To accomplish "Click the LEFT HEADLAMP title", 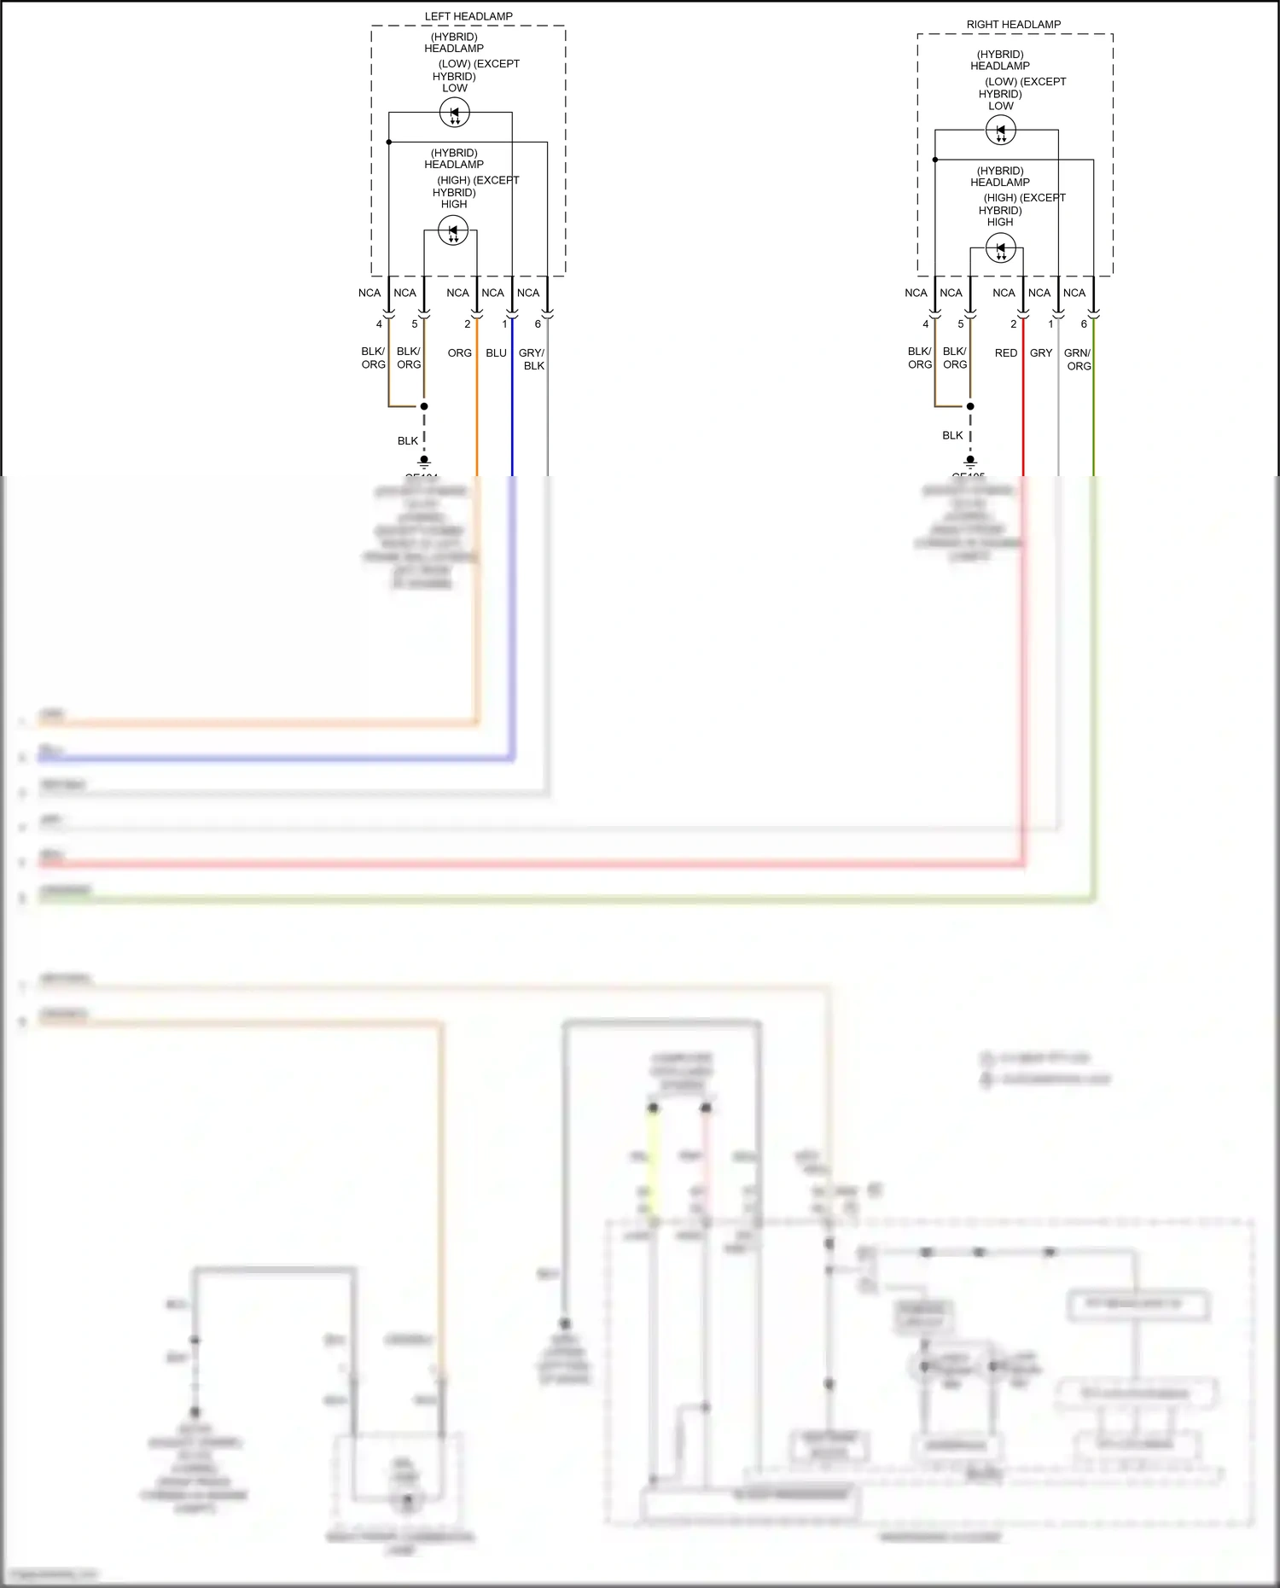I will pos(468,16).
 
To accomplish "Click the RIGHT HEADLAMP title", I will pos(1013,25).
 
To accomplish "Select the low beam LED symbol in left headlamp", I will pos(454,113).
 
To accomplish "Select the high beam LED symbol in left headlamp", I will pos(453,230).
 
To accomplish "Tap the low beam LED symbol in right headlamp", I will pos(1000,131).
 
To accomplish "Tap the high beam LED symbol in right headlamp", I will pos(1000,248).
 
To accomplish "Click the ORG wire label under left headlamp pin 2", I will pos(459,353).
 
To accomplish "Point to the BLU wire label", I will pos(496,353).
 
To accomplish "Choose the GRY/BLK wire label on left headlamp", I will pos(532,359).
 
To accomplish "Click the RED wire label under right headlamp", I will pos(1005,353).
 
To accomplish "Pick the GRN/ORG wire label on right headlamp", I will pos(1078,359).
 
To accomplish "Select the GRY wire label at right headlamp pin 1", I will pos(1040,353).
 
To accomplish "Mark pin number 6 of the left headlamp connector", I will pos(538,324).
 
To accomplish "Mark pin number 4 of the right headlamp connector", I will pos(925,324).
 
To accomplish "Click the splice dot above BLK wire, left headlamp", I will pos(424,406).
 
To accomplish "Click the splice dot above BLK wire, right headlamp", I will pos(970,406).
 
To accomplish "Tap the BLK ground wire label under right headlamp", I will pos(952,435).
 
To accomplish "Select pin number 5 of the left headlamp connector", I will pos(415,324).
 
